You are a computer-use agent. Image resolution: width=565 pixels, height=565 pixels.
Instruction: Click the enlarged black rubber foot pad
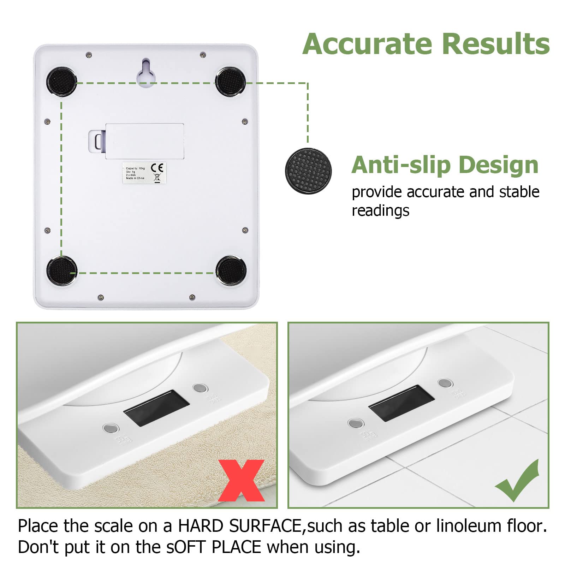click(x=308, y=171)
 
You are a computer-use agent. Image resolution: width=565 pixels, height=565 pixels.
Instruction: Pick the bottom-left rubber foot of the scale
click(x=62, y=271)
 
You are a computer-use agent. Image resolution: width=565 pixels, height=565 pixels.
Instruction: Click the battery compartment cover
click(x=145, y=141)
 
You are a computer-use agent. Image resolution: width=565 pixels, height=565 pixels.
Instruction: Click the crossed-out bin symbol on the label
click(x=157, y=178)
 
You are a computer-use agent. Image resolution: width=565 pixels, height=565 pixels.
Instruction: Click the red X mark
click(x=241, y=480)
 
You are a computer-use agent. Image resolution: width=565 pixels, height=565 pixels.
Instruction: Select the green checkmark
click(x=518, y=481)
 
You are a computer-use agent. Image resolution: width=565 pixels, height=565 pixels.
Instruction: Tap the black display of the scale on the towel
click(x=156, y=408)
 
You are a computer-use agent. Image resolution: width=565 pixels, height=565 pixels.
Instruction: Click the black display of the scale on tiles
click(x=401, y=403)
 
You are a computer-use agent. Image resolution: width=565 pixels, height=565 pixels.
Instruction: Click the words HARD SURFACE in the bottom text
click(x=239, y=526)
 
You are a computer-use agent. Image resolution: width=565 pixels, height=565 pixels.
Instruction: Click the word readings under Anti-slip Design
click(x=380, y=211)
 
